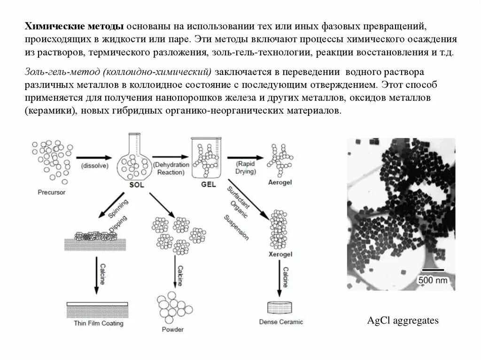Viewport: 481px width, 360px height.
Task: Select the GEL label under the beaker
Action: pos(208,184)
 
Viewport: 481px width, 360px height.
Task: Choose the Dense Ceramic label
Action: pos(281,322)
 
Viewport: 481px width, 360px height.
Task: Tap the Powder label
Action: pos(174,329)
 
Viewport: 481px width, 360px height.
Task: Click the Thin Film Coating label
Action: pos(98,323)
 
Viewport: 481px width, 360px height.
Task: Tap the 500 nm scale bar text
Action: pos(434,281)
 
